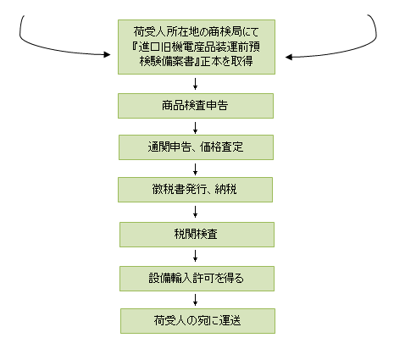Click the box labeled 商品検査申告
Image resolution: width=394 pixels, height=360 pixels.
(x=196, y=106)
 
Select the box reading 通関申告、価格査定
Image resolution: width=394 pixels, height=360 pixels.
(x=196, y=147)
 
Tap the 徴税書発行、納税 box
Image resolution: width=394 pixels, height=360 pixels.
(x=195, y=190)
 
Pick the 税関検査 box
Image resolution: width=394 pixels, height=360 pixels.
(x=197, y=235)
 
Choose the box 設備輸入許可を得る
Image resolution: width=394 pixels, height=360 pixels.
(x=197, y=279)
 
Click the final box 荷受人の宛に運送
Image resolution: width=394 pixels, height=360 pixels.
(x=197, y=321)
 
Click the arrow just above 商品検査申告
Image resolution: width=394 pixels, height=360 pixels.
(x=195, y=84)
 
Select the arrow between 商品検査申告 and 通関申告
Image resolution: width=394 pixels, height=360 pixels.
(x=195, y=128)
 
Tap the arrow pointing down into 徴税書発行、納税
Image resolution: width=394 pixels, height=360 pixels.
(x=195, y=169)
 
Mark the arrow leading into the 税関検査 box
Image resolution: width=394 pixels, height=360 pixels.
(x=195, y=212)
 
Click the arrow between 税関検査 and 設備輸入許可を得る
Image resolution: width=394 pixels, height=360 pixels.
(x=195, y=256)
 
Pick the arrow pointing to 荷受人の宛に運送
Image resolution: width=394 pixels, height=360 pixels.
(x=195, y=300)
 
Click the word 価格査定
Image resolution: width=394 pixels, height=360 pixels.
(x=222, y=147)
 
